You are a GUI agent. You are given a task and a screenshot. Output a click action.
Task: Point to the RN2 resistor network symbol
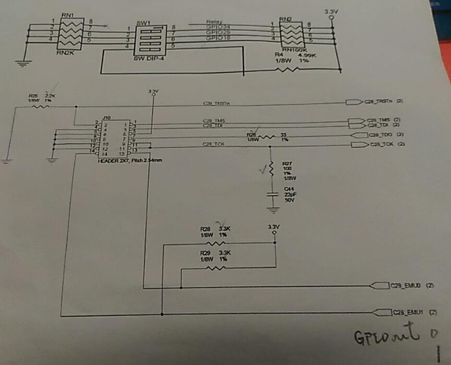293,33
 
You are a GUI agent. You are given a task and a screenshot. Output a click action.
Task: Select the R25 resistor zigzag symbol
41,107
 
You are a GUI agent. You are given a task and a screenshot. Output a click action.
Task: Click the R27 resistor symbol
271,169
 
